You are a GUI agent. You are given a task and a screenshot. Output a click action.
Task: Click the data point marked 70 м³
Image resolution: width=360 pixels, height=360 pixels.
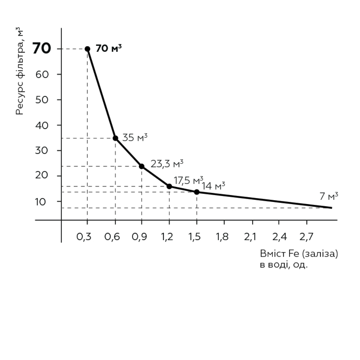pyautogui.click(x=87, y=49)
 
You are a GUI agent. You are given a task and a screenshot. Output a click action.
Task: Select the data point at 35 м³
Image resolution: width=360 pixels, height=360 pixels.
pyautogui.click(x=116, y=138)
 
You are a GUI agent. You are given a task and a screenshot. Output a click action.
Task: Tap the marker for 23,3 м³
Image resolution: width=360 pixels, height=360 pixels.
pyautogui.click(x=141, y=166)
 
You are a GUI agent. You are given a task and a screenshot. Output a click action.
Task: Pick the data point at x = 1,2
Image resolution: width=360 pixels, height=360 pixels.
pyautogui.click(x=169, y=186)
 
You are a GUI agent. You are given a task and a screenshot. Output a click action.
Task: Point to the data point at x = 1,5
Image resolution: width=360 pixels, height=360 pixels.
pyautogui.click(x=197, y=192)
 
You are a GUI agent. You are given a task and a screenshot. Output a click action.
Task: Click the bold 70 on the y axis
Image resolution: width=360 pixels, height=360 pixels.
pyautogui.click(x=41, y=49)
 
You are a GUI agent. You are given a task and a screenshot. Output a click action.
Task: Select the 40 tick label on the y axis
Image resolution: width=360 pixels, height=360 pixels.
pyautogui.click(x=42, y=125)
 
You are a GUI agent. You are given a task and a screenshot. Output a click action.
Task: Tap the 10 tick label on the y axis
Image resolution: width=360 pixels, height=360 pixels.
pyautogui.click(x=40, y=202)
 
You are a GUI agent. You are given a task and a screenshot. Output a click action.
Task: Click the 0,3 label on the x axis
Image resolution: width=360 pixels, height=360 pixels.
pyautogui.click(x=84, y=237)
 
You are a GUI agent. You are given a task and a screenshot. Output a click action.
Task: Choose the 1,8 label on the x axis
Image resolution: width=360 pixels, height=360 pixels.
pyautogui.click(x=222, y=237)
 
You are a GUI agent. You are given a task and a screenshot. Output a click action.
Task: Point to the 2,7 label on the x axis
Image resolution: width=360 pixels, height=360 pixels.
pyautogui.click(x=306, y=237)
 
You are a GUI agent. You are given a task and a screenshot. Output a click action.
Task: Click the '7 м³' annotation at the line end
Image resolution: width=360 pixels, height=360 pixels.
pyautogui.click(x=329, y=196)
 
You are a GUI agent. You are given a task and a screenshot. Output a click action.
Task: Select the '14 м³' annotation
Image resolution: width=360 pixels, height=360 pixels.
pyautogui.click(x=213, y=186)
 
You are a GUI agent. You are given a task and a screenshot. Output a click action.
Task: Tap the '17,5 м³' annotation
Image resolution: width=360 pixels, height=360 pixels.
pyautogui.click(x=188, y=180)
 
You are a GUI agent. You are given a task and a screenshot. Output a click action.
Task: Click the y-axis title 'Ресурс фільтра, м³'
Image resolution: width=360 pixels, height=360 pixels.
pyautogui.click(x=19, y=71)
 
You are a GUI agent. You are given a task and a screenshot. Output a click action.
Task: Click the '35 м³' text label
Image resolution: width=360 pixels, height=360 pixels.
pyautogui.click(x=135, y=138)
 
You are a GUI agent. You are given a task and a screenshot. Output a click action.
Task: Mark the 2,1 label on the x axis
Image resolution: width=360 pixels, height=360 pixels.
pyautogui.click(x=250, y=237)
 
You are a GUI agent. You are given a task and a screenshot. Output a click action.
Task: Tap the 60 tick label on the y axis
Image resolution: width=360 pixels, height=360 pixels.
pyautogui.click(x=42, y=75)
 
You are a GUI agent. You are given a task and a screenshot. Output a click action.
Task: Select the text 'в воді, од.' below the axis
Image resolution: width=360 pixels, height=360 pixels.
pyautogui.click(x=284, y=265)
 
